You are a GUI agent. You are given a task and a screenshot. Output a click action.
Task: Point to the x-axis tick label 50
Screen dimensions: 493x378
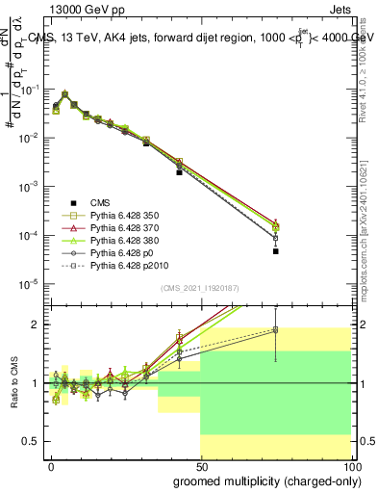(200, 466)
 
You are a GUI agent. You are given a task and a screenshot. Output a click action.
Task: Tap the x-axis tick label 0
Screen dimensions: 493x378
(52, 466)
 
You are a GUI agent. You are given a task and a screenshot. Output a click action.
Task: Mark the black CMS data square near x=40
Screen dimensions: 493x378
(179, 172)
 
